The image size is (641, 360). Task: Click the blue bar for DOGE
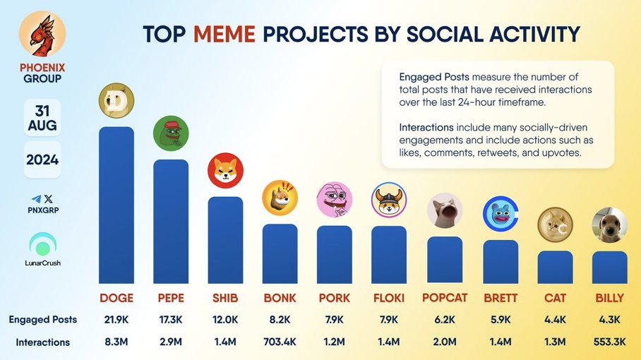(116, 205)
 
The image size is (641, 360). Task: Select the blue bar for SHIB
(225, 240)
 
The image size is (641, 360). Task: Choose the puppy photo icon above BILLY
(609, 225)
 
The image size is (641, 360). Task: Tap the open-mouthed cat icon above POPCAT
(445, 211)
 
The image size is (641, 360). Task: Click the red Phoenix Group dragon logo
(42, 34)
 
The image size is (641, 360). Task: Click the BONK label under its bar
(280, 298)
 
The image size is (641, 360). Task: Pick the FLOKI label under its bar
(389, 298)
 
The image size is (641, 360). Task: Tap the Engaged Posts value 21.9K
(116, 320)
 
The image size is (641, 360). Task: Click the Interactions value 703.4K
(280, 342)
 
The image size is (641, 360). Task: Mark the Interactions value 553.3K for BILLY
(609, 342)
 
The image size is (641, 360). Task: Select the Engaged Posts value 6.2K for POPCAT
(445, 320)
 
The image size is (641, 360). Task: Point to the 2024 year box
(42, 160)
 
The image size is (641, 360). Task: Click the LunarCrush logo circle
(42, 246)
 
